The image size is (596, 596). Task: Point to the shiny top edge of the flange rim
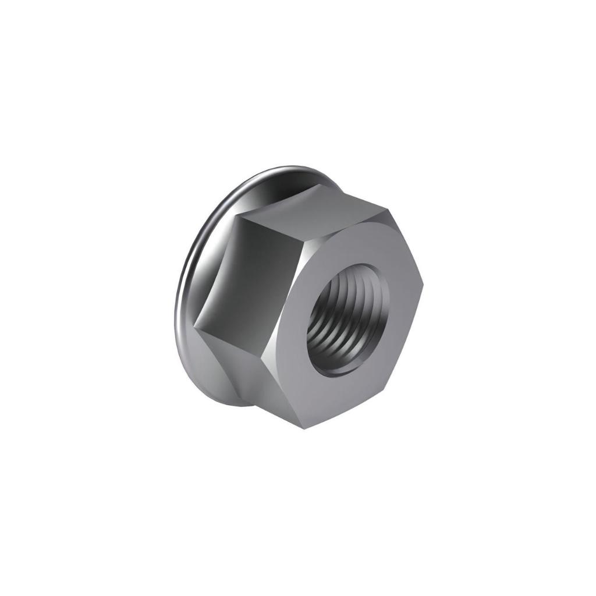coord(279,171)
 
